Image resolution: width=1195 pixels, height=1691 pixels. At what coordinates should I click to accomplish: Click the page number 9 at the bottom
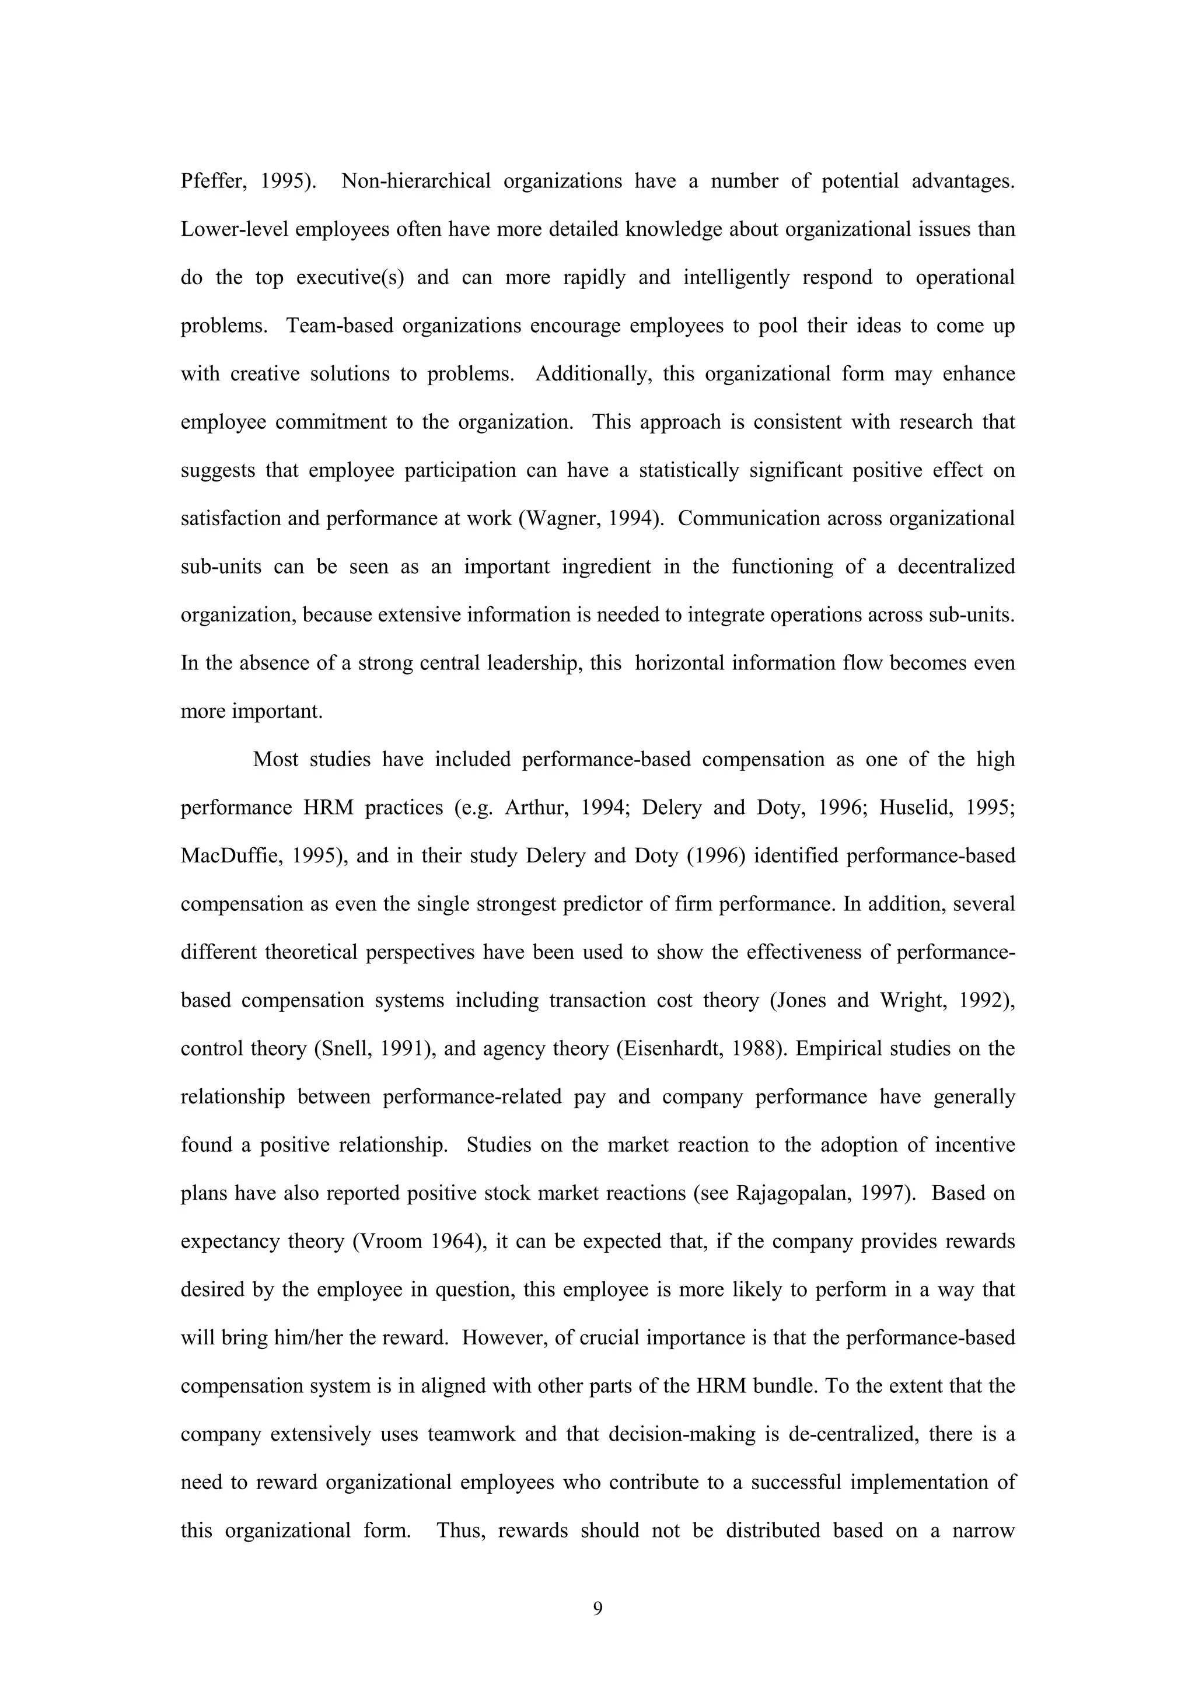pyautogui.click(x=597, y=1609)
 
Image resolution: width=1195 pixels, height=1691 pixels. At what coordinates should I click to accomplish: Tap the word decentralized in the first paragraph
pyautogui.click(x=956, y=567)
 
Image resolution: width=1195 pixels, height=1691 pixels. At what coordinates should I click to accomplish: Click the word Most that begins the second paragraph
pyautogui.click(x=275, y=759)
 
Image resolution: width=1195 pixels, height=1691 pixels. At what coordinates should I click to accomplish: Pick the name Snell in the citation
pyautogui.click(x=346, y=1049)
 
